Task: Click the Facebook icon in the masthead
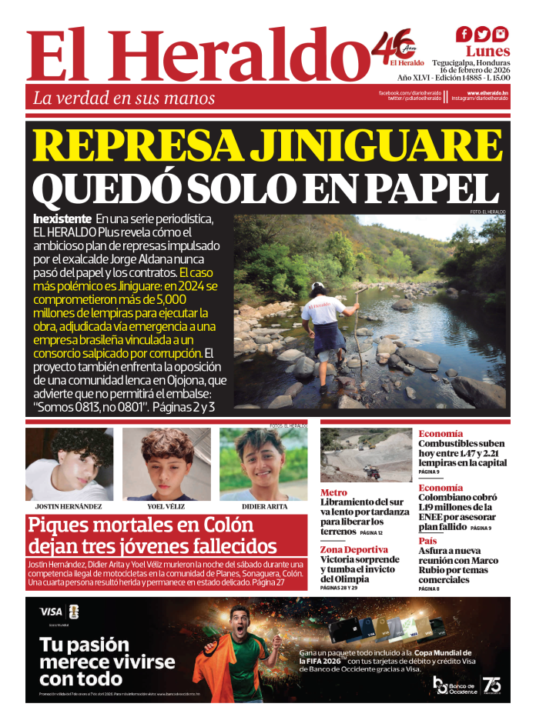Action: [464, 35]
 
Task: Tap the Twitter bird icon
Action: [482, 35]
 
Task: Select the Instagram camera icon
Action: [501, 35]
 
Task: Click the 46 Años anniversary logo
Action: [397, 47]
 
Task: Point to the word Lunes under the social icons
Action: [487, 52]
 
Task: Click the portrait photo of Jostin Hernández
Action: [69, 465]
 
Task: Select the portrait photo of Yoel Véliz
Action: [166, 465]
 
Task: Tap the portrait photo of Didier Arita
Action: [263, 465]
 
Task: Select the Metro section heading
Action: [333, 492]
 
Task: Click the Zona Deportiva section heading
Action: [354, 549]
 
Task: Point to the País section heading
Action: [428, 541]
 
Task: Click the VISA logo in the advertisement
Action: [51, 612]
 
